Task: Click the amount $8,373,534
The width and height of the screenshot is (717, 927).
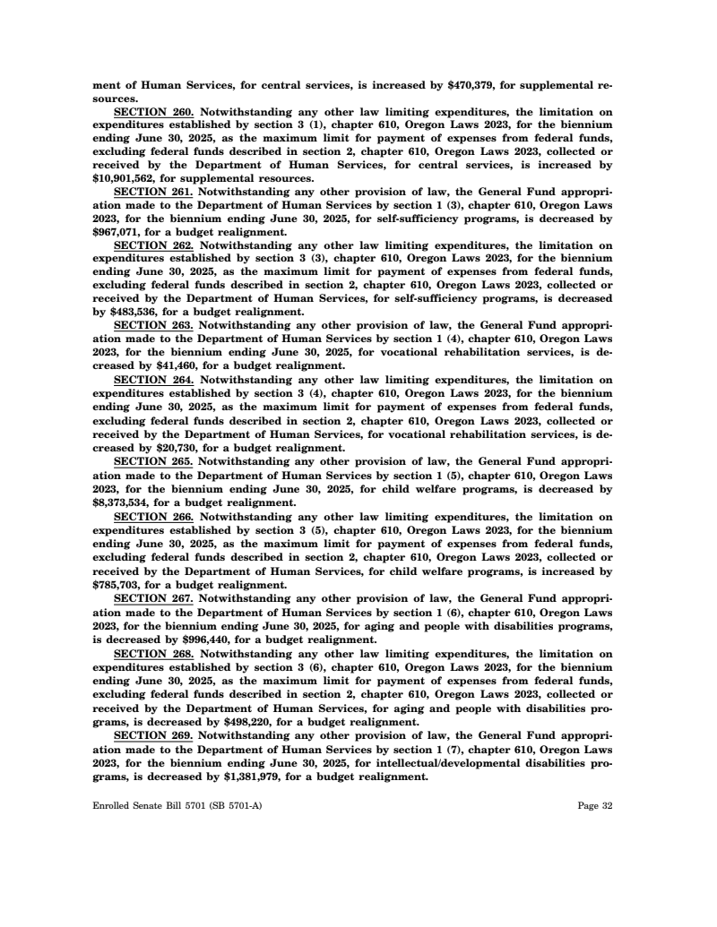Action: (x=125, y=502)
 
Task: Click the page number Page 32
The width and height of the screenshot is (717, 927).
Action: (x=594, y=806)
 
